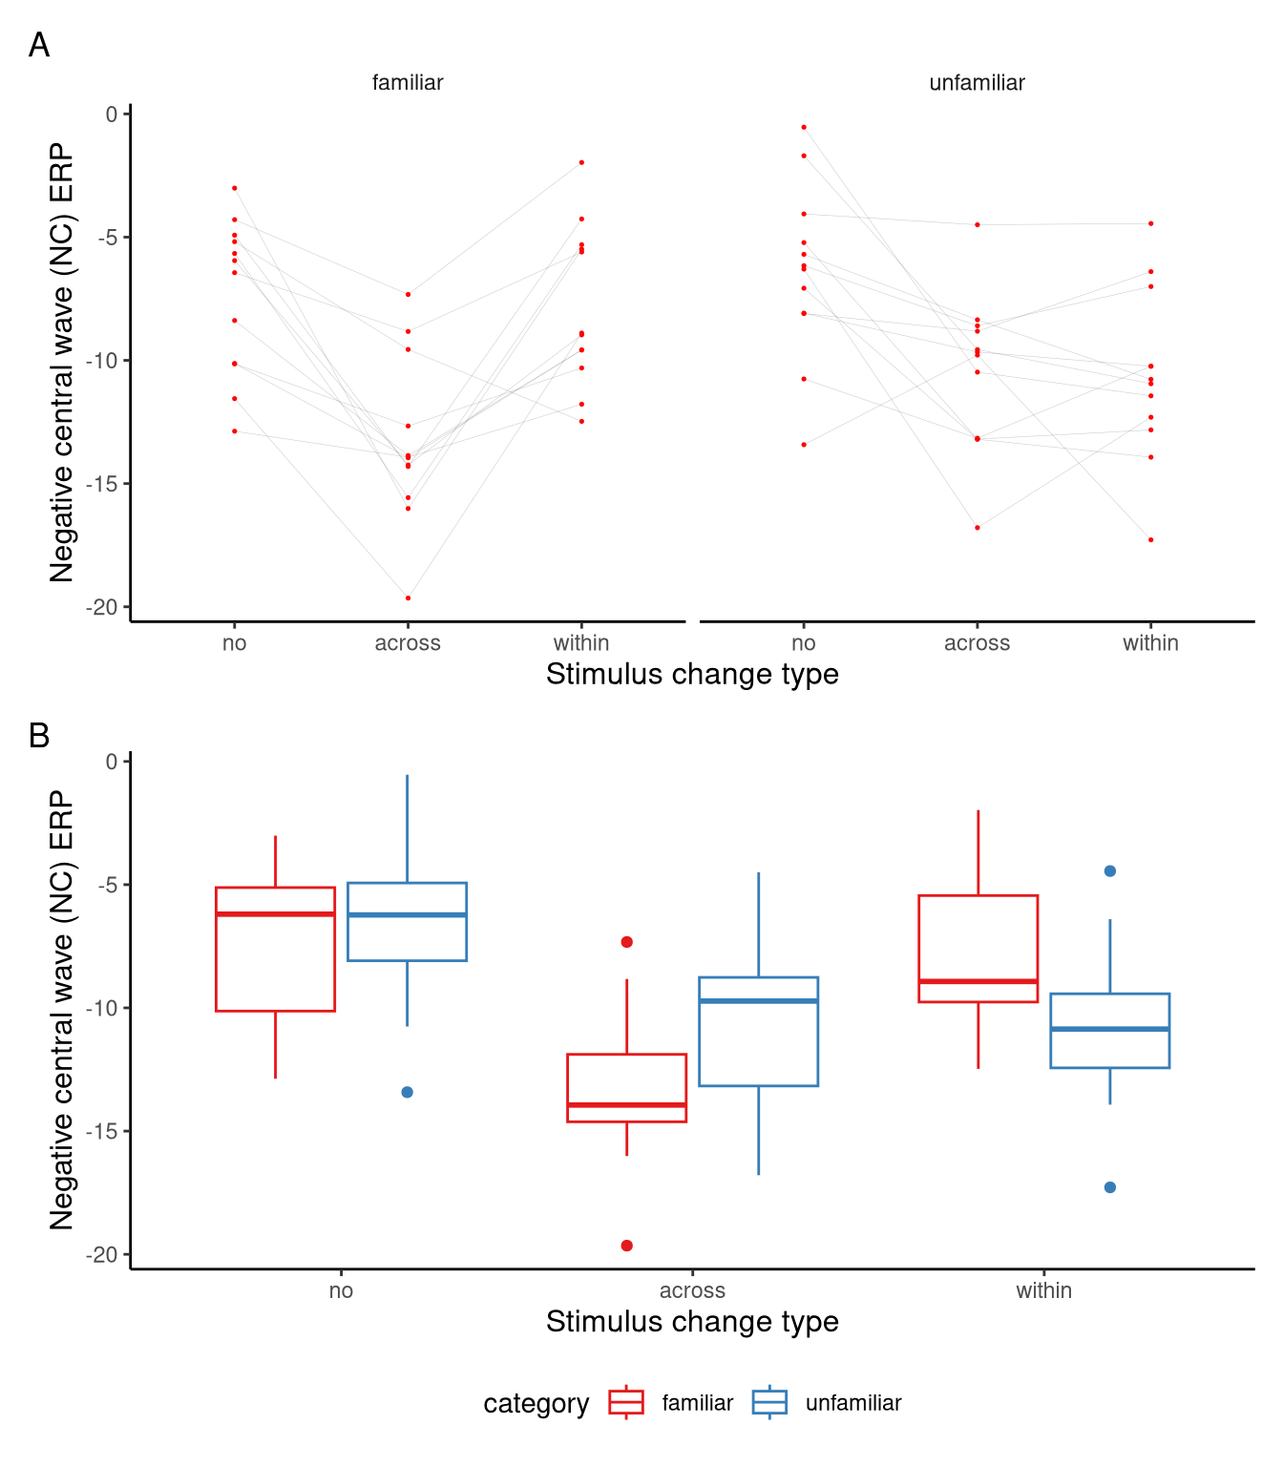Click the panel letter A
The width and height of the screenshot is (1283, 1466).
pyautogui.click(x=39, y=45)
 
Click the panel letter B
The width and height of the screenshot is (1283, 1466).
pyautogui.click(x=39, y=736)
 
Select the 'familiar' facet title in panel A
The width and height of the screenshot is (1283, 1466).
pyautogui.click(x=408, y=83)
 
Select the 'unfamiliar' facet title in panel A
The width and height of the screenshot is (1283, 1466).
pyautogui.click(x=977, y=83)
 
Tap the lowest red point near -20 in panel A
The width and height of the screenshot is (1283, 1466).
pyautogui.click(x=408, y=598)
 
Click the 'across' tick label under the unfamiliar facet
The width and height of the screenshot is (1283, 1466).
pyautogui.click(x=977, y=643)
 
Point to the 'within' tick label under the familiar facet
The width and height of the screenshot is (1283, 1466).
pyautogui.click(x=581, y=643)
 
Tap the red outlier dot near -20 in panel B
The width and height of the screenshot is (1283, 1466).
pyautogui.click(x=627, y=1246)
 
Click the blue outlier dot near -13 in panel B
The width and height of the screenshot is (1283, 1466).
pyautogui.click(x=408, y=1092)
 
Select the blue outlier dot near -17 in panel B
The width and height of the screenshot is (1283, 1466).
pyautogui.click(x=1110, y=1187)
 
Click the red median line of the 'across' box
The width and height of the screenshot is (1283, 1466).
pyautogui.click(x=627, y=1105)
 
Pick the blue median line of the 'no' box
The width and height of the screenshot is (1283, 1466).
pyautogui.click(x=408, y=915)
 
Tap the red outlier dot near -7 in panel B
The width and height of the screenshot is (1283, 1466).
pyautogui.click(x=627, y=942)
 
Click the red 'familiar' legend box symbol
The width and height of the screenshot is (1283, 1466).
pyautogui.click(x=626, y=1402)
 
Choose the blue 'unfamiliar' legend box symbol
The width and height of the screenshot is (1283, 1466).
pyautogui.click(x=769, y=1402)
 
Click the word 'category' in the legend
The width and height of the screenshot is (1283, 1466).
pyautogui.click(x=536, y=1404)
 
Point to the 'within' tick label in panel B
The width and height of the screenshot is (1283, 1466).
pyautogui.click(x=1043, y=1290)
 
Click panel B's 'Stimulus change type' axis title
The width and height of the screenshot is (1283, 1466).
pyautogui.click(x=692, y=1322)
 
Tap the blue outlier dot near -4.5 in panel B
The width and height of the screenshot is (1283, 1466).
pyautogui.click(x=1110, y=871)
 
